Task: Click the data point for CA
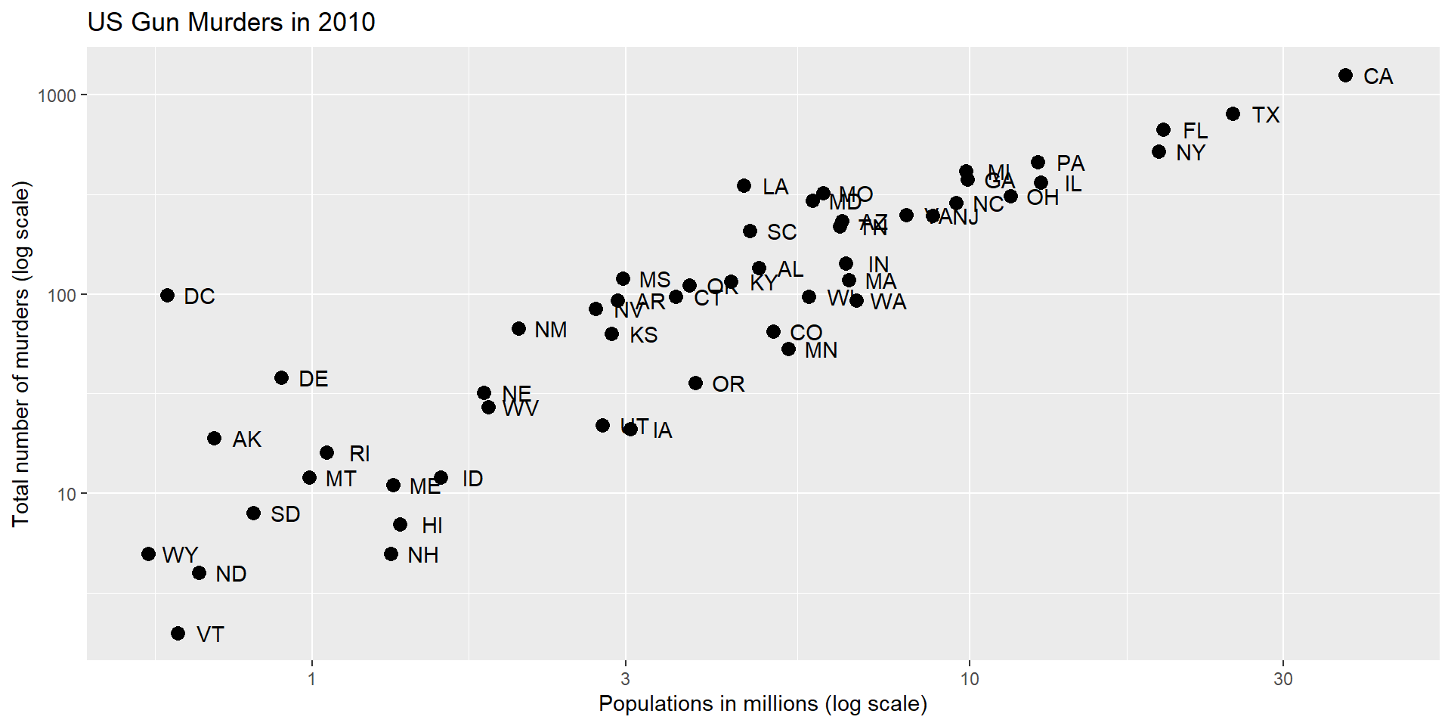[x=1345, y=75]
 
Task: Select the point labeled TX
[x=1233, y=113]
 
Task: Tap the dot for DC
[x=167, y=295]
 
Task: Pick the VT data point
[x=178, y=633]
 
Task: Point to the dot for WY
[x=148, y=554]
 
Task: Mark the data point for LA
[x=744, y=185]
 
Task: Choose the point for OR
[x=695, y=383]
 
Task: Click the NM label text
[x=550, y=330]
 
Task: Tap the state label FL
[x=1195, y=131]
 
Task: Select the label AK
[x=246, y=439]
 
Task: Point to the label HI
[x=432, y=526]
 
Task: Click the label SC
[x=781, y=232]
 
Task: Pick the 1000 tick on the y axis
[x=57, y=95]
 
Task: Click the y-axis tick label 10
[x=67, y=495]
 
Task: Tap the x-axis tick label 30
[x=1282, y=679]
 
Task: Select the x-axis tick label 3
[x=625, y=679]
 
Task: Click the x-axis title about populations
[x=763, y=704]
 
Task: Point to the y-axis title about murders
[x=21, y=354]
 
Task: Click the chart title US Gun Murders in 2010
[x=231, y=22]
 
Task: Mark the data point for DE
[x=281, y=377]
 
